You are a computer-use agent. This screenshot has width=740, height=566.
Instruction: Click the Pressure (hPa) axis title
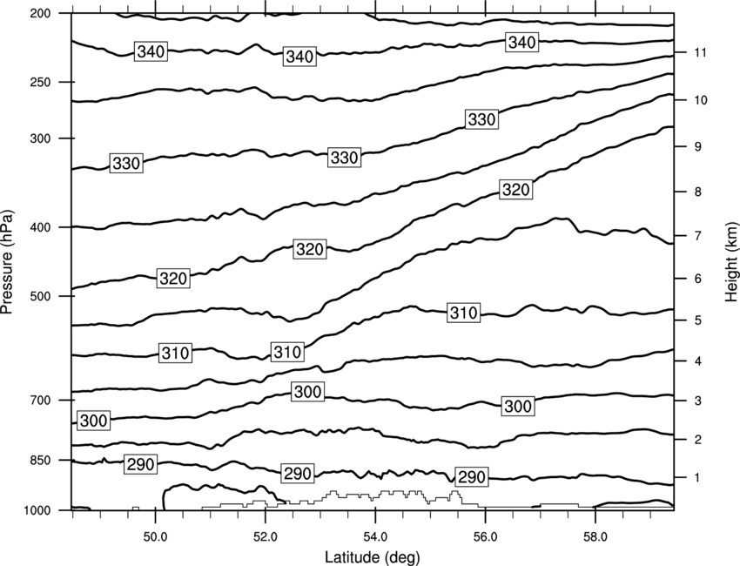coord(7,261)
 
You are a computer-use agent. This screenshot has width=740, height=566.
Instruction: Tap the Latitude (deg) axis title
coord(373,557)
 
